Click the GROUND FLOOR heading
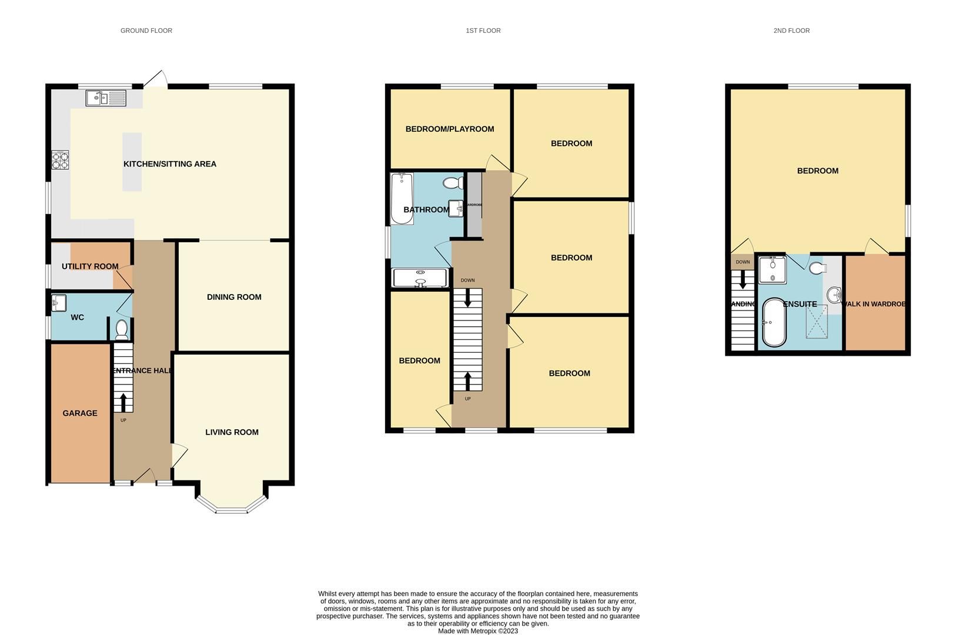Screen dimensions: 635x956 tap(146, 31)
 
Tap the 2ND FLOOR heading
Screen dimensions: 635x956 tap(791, 31)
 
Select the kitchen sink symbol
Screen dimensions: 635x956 tap(106, 98)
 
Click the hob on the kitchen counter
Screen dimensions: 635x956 tap(60, 160)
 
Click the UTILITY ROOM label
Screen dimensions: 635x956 tap(90, 266)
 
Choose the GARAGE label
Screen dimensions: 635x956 tap(80, 413)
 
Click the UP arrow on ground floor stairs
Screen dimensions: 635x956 tap(123, 402)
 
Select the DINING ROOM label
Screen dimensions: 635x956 tap(234, 297)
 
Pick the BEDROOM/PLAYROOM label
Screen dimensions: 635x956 tap(449, 129)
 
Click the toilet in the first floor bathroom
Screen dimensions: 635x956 tap(453, 183)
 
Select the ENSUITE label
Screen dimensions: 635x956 tap(800, 304)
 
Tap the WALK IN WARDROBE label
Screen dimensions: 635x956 tap(874, 304)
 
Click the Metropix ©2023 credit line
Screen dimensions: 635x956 tap(477, 631)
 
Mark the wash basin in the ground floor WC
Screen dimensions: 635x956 tap(59, 303)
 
